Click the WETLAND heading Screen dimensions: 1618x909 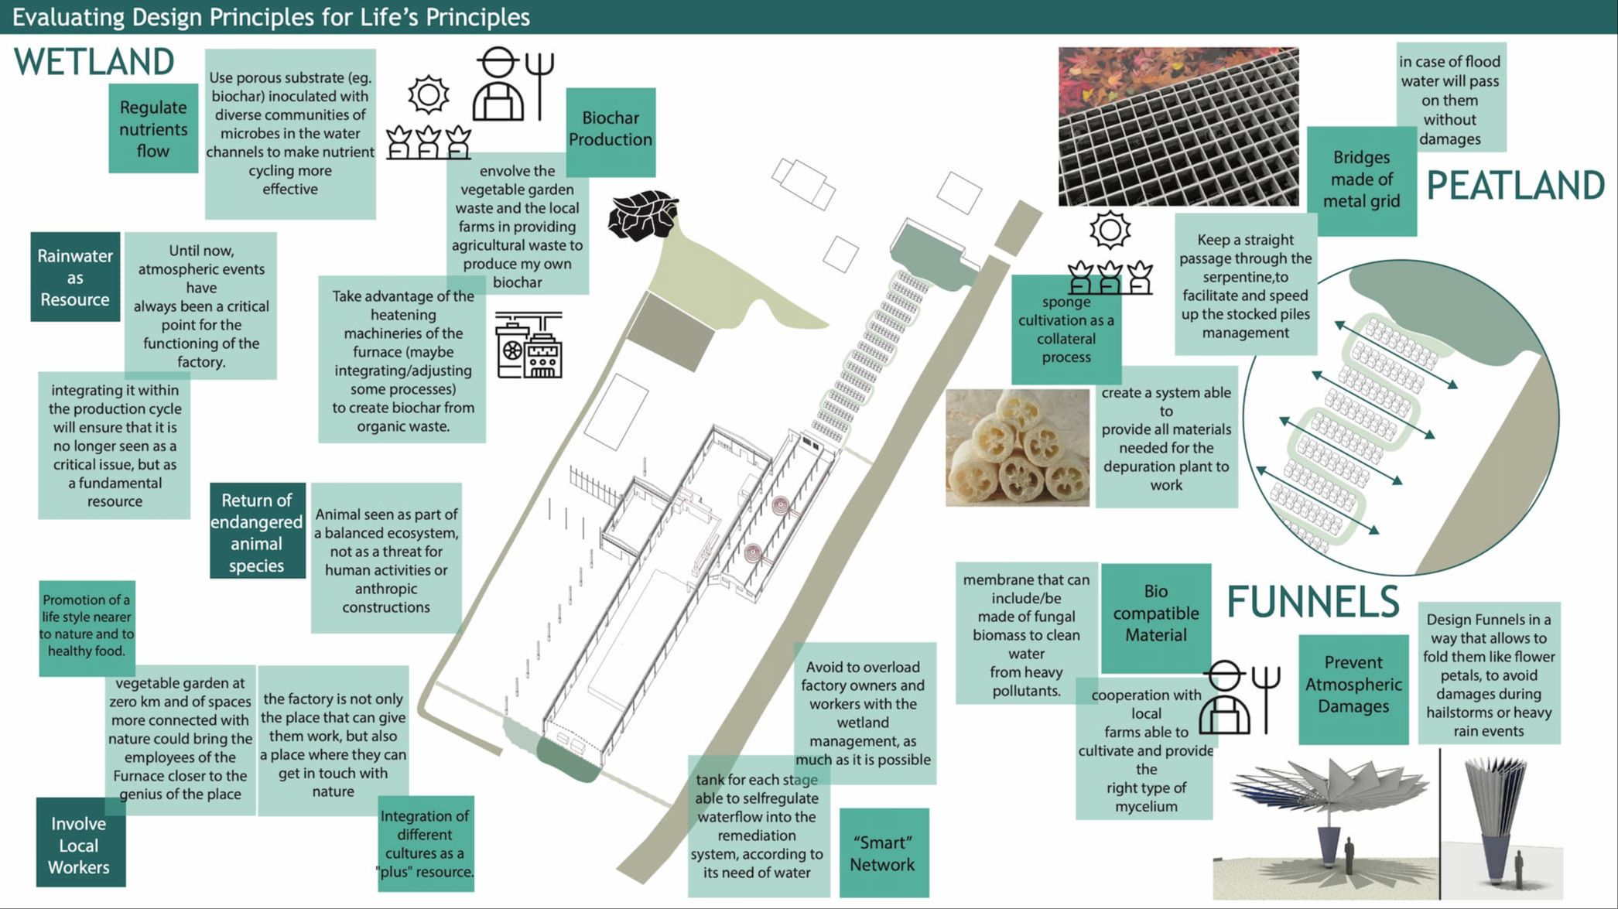[94, 62]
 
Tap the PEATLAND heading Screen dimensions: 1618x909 [1515, 186]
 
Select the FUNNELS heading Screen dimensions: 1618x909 [1313, 601]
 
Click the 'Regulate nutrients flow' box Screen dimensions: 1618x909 [153, 128]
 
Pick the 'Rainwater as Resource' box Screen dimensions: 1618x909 [75, 277]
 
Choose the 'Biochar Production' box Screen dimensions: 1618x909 [611, 132]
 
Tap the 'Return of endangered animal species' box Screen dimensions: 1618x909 [257, 531]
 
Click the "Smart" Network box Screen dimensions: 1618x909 [884, 853]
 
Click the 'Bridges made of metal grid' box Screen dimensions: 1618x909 [1362, 180]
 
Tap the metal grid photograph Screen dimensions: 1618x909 [1178, 127]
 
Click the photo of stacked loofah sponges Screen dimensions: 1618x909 [1017, 448]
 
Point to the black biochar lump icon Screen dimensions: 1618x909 [642, 215]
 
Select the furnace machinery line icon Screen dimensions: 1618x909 [529, 345]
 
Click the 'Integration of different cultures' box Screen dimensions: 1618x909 [425, 843]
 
